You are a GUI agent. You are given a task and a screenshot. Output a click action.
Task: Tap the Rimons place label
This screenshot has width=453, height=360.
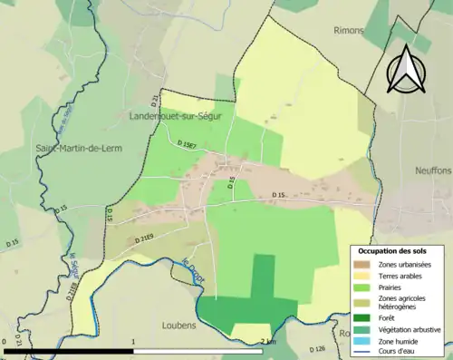349,30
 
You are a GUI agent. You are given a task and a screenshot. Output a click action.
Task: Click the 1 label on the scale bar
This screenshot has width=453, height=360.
134,342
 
